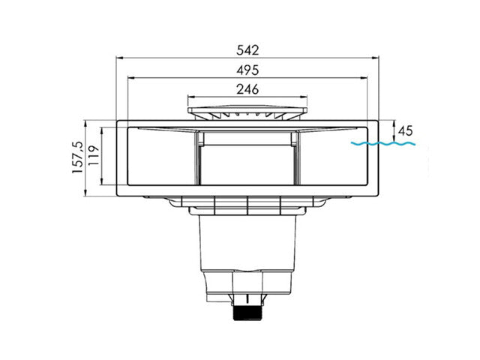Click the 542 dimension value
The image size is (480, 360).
pos(247,50)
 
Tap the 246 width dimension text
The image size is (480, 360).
pos(247,89)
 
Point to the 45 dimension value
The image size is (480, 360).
pos(405,130)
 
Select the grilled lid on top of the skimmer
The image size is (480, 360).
pos(247,113)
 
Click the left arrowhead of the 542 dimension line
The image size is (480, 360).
pos(118,57)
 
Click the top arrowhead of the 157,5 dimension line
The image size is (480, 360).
pos(86,122)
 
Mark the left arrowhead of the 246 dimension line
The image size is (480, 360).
pos(189,96)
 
